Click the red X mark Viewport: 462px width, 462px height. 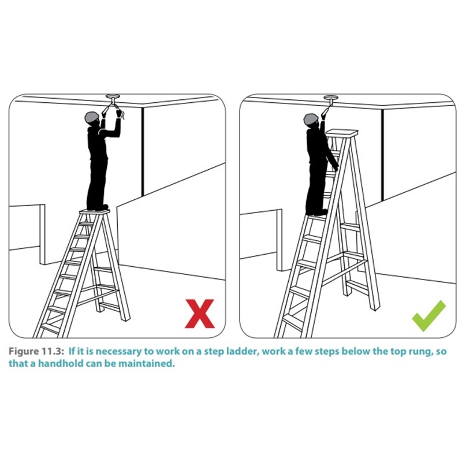pyautogui.click(x=200, y=314)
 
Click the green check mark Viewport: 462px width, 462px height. pyautogui.click(x=429, y=315)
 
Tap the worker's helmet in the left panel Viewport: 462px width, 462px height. pyautogui.click(x=92, y=118)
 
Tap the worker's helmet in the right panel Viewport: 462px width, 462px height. pyautogui.click(x=311, y=120)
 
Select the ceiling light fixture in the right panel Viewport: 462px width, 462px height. pyautogui.click(x=331, y=100)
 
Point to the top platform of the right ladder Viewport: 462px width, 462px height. pyautogui.click(x=342, y=133)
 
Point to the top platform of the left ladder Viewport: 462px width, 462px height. pyautogui.click(x=94, y=211)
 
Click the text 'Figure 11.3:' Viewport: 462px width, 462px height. pyautogui.click(x=36, y=351)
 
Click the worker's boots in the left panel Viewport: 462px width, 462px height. pyautogui.click(x=98, y=207)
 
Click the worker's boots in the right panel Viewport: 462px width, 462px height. pyautogui.click(x=316, y=213)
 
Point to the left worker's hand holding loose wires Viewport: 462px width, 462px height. pyautogui.click(x=120, y=113)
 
